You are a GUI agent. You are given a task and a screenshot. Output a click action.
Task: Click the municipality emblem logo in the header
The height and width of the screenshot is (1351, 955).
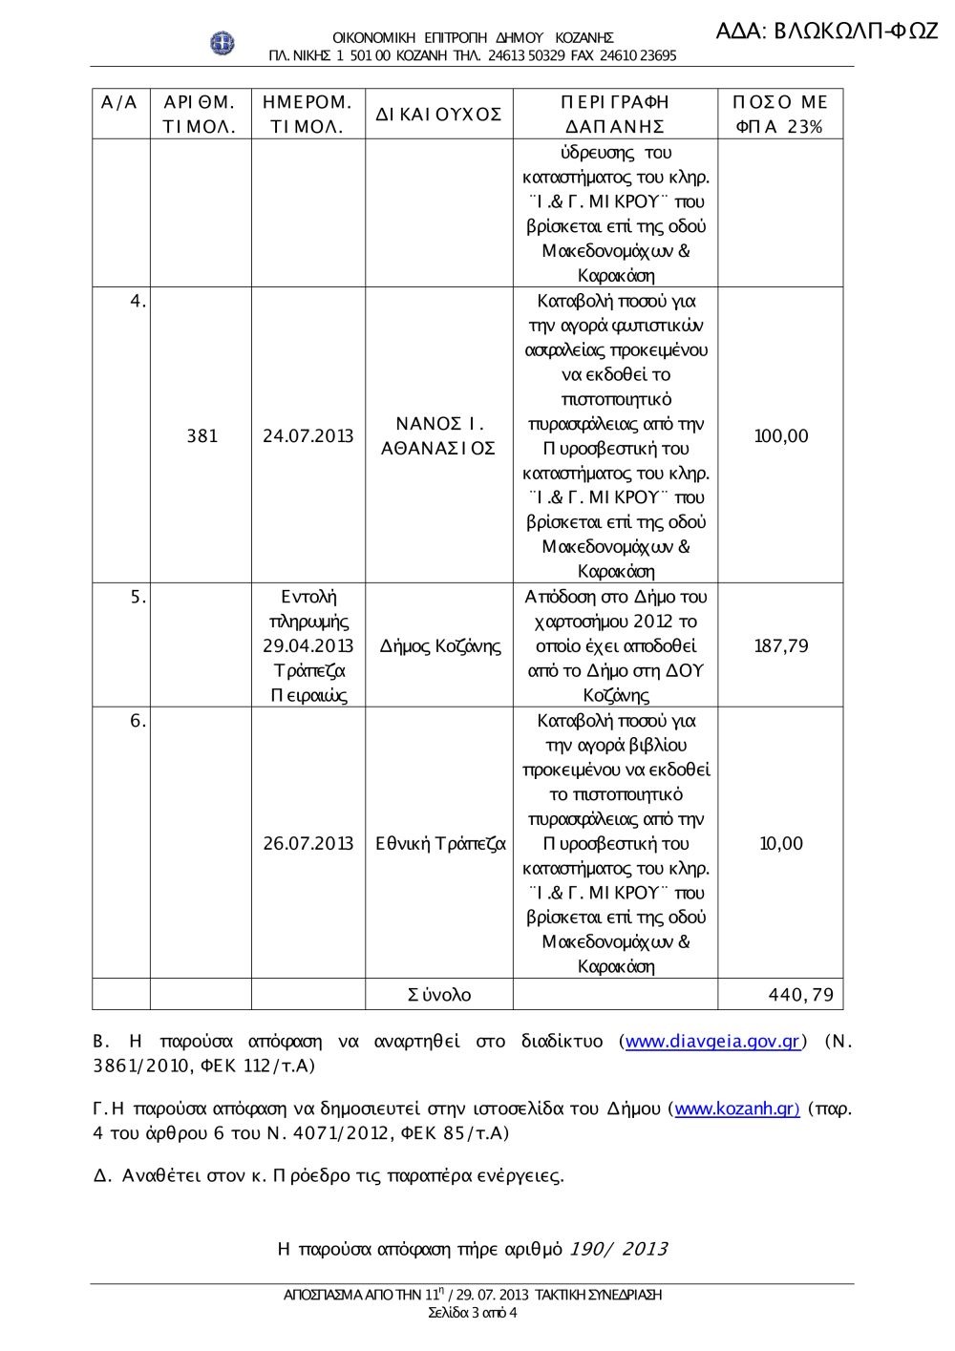(222, 43)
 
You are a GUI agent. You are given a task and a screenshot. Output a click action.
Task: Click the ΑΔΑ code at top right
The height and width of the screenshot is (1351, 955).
(827, 31)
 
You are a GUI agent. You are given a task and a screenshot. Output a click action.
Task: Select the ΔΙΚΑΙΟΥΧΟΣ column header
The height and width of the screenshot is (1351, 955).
(438, 115)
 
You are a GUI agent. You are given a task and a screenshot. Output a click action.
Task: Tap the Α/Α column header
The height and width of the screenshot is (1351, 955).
(120, 103)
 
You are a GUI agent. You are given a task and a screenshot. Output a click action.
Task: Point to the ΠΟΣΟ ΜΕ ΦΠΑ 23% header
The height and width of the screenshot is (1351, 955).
(780, 115)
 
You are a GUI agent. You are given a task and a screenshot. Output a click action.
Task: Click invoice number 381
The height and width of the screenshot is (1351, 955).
(202, 436)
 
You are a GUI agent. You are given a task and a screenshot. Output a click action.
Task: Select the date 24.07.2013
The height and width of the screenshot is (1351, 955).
(308, 436)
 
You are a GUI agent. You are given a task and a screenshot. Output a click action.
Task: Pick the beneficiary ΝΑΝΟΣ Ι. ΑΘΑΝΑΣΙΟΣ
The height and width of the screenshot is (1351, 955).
(438, 436)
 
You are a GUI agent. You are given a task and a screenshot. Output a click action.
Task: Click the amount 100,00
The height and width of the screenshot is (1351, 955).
(781, 436)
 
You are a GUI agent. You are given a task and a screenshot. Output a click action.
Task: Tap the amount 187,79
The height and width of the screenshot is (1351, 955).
(781, 646)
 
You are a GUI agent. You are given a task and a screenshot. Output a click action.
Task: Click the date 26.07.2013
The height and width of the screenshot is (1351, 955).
(308, 844)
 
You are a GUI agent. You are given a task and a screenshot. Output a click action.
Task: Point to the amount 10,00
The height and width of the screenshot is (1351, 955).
(781, 844)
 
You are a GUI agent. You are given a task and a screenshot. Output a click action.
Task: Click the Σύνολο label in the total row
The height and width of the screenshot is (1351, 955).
(439, 995)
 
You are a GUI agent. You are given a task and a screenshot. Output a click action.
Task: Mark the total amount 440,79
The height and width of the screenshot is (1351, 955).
(800, 995)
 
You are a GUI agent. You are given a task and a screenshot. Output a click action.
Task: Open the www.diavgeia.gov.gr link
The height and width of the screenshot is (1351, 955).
(712, 1042)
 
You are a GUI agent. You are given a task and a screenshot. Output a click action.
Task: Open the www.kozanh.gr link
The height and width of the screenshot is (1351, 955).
(736, 1109)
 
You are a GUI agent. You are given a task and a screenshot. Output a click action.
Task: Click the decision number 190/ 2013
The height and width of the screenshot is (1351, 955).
(618, 1250)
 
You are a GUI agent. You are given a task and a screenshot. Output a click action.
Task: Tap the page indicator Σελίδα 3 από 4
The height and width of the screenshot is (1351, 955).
(472, 1313)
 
